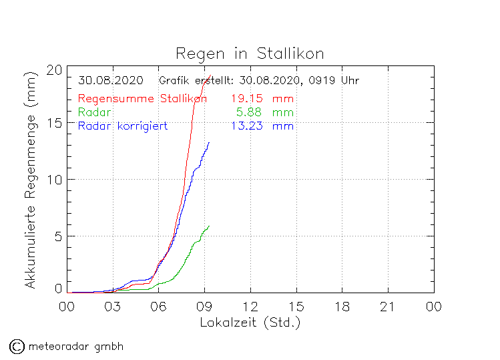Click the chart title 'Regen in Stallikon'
tap(250, 53)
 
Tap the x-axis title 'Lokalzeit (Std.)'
tap(250, 323)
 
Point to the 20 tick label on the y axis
tap(55, 69)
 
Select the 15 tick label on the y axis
tap(55, 124)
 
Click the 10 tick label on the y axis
tap(55, 180)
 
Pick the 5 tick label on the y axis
tap(59, 236)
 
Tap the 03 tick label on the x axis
tap(112, 307)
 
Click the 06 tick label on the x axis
tap(158, 307)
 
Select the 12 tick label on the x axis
tap(250, 307)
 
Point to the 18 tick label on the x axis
tap(342, 307)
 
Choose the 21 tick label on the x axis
tap(388, 307)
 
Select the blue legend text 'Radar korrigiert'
tap(122, 126)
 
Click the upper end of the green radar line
tap(210, 226)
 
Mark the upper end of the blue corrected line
tap(210, 142)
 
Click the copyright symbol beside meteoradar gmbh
tap(16, 346)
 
